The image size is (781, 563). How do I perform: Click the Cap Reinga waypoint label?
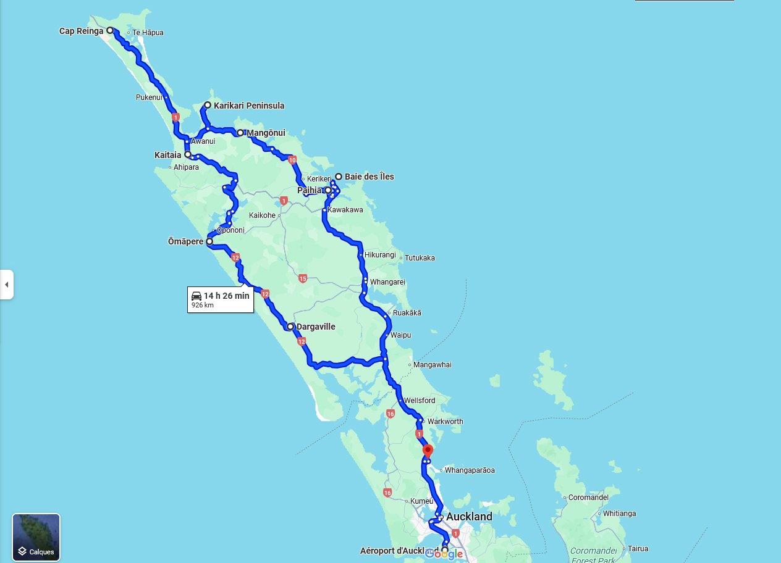click(82, 31)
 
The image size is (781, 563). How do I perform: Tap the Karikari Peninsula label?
click(249, 106)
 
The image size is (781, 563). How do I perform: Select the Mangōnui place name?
click(265, 133)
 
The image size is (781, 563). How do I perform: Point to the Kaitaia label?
click(167, 155)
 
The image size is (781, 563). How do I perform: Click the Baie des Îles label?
click(369, 177)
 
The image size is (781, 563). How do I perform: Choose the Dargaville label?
click(316, 327)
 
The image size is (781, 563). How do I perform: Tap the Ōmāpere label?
click(185, 242)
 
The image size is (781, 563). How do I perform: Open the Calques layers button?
click(36, 537)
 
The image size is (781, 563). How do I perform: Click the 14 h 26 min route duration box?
click(221, 299)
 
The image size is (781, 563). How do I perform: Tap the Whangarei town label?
click(387, 282)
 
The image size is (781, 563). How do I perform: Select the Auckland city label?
click(469, 517)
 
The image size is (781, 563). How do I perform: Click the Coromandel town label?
click(589, 498)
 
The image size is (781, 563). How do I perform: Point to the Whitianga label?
click(619, 514)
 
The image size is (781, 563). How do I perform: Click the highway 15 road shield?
click(302, 278)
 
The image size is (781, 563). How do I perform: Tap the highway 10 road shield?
click(292, 161)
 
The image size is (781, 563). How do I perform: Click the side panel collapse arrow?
click(6, 285)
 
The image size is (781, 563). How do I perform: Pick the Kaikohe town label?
click(262, 215)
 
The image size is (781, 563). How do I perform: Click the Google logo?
click(444, 554)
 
